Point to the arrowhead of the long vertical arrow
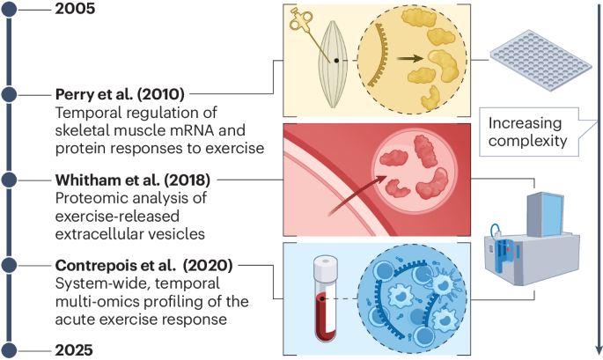pos(598,349)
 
